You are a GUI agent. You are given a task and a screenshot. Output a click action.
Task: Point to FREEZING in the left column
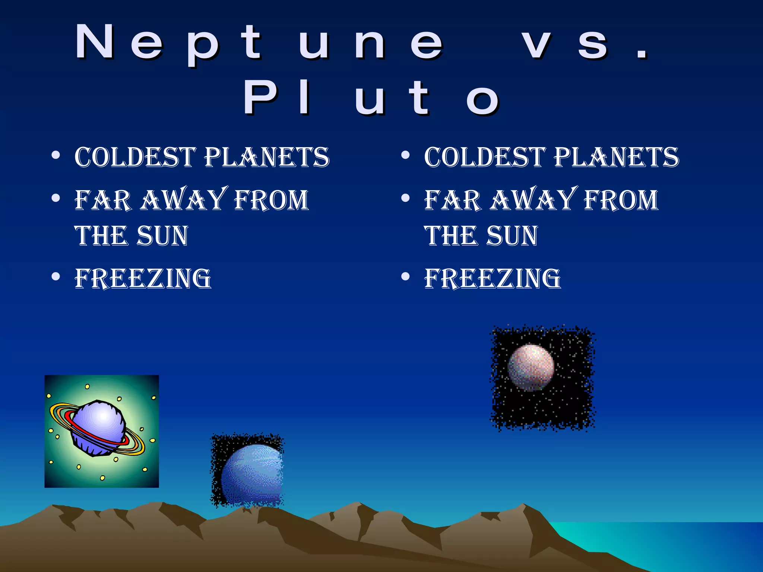point(143,279)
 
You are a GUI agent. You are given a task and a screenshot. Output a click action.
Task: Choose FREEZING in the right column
point(493,279)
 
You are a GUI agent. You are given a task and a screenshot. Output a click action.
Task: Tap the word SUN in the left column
point(162,236)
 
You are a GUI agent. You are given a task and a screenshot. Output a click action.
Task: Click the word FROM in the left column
point(271,200)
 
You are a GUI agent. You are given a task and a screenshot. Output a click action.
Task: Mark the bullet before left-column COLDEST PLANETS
point(56,155)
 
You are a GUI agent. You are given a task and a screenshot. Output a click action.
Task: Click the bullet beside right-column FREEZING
point(405,277)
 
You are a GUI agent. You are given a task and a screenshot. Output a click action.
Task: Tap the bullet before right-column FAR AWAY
point(405,198)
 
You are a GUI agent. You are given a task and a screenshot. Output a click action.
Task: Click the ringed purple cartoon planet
point(99,428)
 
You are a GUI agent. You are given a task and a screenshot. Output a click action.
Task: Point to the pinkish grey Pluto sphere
point(531,367)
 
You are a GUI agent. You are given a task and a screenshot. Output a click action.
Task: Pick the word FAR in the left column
point(103,200)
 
